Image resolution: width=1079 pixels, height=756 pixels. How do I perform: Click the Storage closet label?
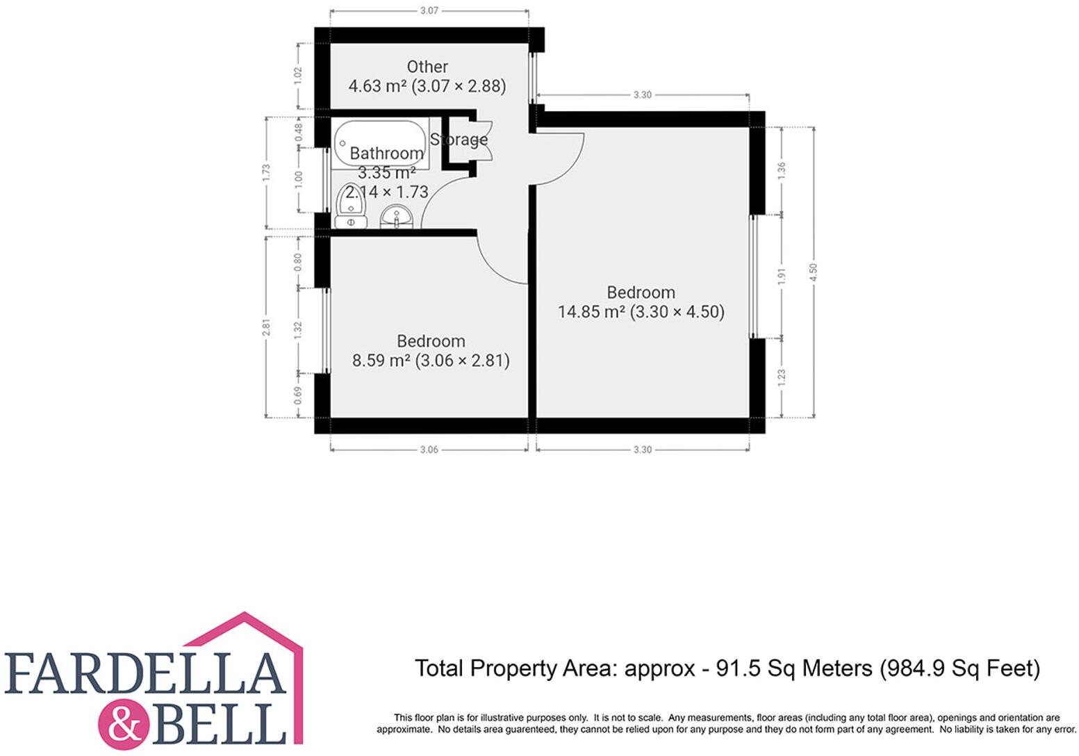coord(459,140)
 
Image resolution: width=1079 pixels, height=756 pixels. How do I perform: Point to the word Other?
coord(427,67)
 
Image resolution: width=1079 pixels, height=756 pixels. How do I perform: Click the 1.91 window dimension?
coord(782,277)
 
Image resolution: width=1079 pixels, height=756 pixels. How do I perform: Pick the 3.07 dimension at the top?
coord(429,10)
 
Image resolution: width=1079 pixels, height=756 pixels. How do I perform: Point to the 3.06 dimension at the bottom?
coord(429,450)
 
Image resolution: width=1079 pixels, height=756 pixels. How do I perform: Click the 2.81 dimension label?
coord(265,327)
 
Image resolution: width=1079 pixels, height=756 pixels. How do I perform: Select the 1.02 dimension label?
coord(299,76)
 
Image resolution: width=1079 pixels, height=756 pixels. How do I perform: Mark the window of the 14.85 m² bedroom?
coord(751,277)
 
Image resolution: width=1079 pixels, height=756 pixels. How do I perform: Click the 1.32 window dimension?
coord(299,330)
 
